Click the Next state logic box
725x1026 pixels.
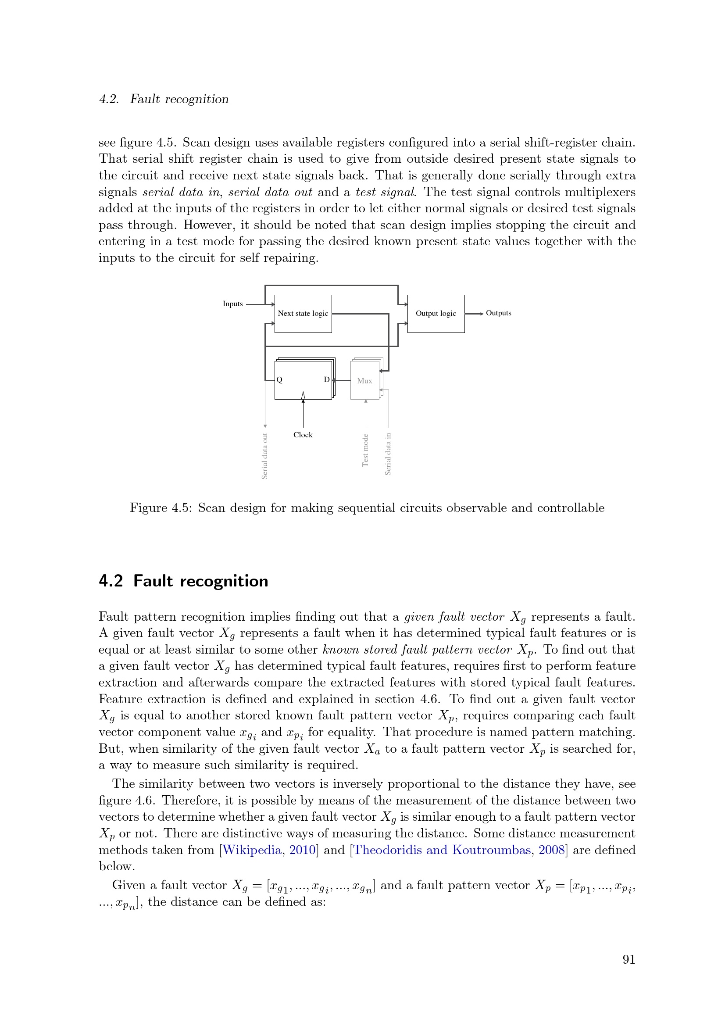tap(303, 314)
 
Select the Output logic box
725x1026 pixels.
tap(436, 314)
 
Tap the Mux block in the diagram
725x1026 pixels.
tap(364, 381)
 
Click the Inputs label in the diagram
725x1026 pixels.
tap(233, 304)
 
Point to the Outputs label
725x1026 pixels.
tap(498, 313)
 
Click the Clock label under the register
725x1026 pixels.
tap(303, 435)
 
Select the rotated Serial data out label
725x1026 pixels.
tap(264, 456)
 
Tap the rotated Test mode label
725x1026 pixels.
tap(365, 450)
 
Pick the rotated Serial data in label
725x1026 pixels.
tap(388, 454)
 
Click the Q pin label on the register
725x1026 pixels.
tap(280, 380)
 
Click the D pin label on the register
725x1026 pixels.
tap(327, 380)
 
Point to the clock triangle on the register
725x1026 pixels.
tap(304, 396)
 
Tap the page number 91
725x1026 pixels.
tap(629, 959)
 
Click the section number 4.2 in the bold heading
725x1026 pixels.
tap(111, 581)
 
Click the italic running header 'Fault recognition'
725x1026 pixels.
tap(179, 99)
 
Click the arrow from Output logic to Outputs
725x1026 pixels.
tap(474, 314)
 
